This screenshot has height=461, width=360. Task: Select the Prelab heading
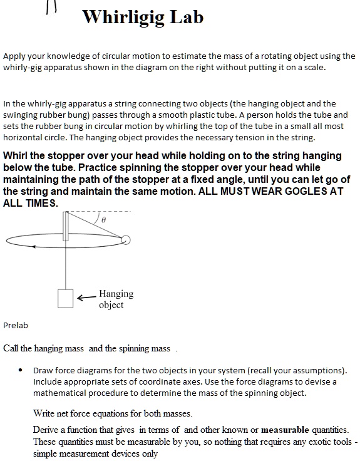tap(16, 325)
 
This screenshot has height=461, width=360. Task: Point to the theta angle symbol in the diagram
tap(105, 220)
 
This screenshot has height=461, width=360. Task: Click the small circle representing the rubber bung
tap(126, 239)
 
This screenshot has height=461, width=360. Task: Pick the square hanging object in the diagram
tap(65, 298)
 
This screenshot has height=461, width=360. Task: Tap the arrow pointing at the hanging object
tap(86, 299)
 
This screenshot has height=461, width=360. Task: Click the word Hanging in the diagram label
tap(116, 294)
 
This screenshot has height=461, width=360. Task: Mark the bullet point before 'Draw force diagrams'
tap(21, 370)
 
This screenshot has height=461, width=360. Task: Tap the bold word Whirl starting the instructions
tap(17, 155)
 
